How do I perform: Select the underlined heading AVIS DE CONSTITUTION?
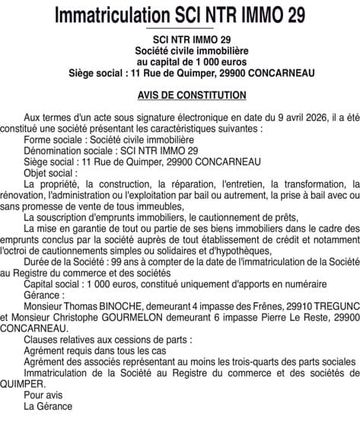tap(181, 96)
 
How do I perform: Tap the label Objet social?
tap(50, 173)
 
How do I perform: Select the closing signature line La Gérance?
tap(48, 406)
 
